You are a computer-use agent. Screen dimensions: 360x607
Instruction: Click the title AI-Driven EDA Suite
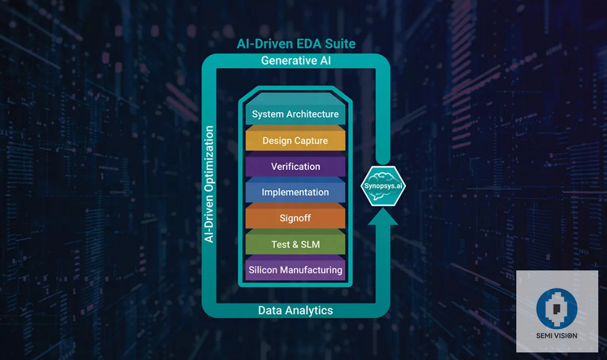tap(296, 44)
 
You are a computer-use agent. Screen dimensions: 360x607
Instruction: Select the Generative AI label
tap(296, 60)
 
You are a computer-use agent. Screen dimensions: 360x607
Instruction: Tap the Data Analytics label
tap(295, 311)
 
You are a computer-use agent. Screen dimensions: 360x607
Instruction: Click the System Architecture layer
tap(295, 114)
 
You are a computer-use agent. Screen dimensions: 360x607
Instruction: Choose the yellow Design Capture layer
tap(295, 141)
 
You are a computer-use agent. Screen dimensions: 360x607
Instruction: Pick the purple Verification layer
tap(295, 166)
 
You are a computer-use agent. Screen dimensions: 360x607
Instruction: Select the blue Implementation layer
tap(295, 192)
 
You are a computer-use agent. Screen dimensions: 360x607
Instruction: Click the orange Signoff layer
tap(295, 218)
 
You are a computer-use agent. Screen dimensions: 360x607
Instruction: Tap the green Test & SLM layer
tap(295, 244)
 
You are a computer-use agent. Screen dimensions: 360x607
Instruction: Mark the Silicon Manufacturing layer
tap(295, 270)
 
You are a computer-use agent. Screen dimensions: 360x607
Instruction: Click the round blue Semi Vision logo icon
tap(556, 308)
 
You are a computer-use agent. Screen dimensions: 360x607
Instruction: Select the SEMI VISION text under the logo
tap(556, 336)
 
